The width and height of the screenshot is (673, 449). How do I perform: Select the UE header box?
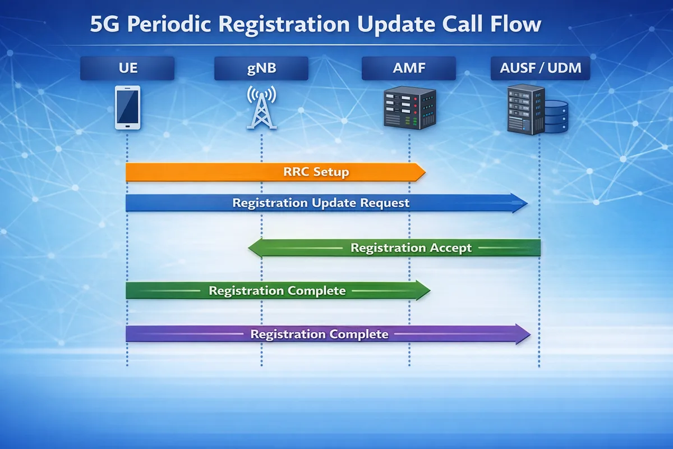click(x=127, y=69)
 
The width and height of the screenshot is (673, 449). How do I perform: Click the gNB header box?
click(x=261, y=69)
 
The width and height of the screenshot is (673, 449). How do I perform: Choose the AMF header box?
click(x=409, y=69)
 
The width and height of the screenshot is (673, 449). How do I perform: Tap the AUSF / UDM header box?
click(x=540, y=69)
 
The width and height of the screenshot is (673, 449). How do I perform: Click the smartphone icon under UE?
click(x=127, y=107)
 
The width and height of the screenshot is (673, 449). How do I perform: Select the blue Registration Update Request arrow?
click(x=325, y=203)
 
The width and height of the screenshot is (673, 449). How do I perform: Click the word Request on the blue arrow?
click(x=385, y=203)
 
